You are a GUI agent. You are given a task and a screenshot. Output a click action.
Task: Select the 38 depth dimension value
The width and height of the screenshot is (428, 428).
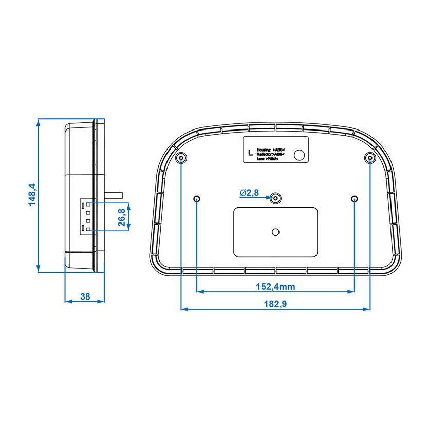tap(85, 296)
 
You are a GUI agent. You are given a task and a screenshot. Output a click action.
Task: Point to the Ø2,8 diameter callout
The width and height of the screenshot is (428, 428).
tap(249, 193)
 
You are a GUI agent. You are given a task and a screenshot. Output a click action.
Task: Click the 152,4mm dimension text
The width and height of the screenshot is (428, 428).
tap(276, 286)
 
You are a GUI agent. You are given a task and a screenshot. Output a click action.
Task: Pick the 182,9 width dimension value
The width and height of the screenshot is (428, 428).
tap(276, 304)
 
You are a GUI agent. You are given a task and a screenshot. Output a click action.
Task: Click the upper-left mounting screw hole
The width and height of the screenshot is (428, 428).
tap(181, 158)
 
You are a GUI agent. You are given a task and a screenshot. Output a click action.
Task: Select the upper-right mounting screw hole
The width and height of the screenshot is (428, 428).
tap(370, 158)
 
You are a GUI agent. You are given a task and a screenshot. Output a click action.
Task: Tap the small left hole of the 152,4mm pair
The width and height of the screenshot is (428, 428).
tap(198, 199)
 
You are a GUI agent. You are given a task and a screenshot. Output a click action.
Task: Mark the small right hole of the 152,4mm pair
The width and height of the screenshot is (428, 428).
tap(355, 199)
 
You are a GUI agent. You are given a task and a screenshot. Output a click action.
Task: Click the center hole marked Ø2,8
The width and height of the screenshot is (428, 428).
tap(276, 198)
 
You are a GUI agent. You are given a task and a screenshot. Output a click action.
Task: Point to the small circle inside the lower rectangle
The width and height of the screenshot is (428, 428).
tap(276, 232)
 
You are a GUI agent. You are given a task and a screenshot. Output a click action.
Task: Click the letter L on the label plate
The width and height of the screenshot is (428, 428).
tap(250, 153)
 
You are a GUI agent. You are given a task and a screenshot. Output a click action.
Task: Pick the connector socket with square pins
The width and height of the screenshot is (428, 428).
tap(87, 216)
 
